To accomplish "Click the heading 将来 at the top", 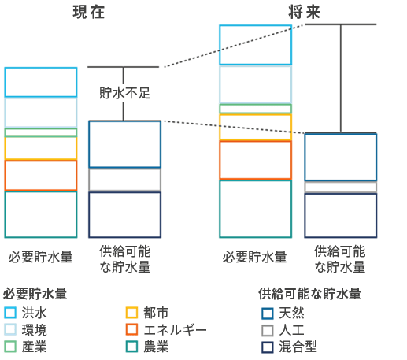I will tap(303, 13).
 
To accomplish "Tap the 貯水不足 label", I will tap(124, 93).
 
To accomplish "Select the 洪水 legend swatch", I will tap(10, 313).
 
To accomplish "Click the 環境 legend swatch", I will tap(10, 329).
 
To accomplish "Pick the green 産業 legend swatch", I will tap(10, 346).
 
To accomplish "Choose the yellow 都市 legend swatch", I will tap(132, 313).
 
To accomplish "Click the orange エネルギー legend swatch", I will tap(132, 329).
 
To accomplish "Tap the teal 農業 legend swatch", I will tap(132, 346).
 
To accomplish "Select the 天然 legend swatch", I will tap(267, 313).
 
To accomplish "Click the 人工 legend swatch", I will tap(267, 329).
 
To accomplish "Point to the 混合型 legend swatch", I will tap(267, 346).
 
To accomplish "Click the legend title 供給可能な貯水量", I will tap(309, 294).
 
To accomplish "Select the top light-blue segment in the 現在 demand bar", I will tap(41, 82).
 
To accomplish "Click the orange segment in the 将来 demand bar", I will tap(255, 160).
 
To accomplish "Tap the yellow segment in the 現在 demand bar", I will tap(41, 148).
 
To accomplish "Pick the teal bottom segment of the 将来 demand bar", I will tap(255, 209).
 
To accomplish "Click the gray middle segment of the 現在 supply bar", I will tap(124, 180).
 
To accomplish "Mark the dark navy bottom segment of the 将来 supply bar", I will tap(340, 215).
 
